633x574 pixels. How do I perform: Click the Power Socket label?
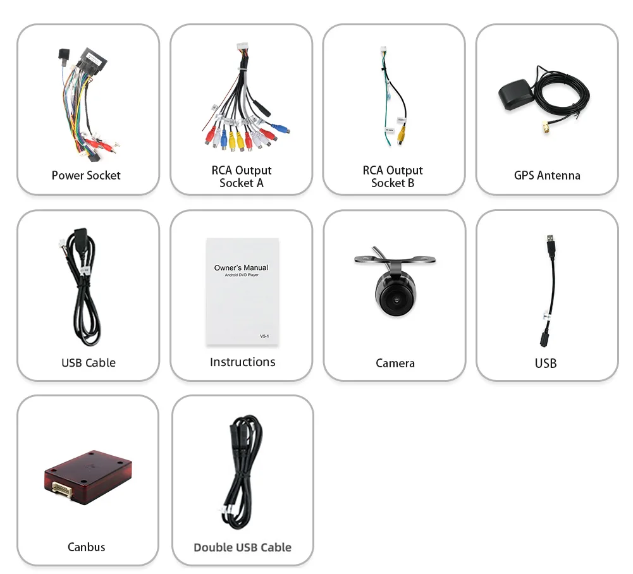86,175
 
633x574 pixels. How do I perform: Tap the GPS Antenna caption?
547,175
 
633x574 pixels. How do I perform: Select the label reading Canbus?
87,547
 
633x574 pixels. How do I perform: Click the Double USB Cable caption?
242,547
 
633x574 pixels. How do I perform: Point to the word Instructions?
242,362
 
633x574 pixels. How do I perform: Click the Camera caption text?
395,363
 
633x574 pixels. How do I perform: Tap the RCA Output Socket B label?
393,176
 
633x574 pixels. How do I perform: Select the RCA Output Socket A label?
242,176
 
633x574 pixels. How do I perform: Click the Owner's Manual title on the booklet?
241,267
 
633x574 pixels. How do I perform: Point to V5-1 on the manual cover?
264,336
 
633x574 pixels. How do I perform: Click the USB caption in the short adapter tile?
546,363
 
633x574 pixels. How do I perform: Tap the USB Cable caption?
89,362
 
